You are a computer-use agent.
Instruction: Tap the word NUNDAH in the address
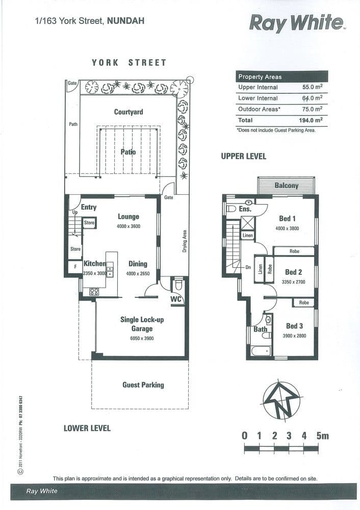tap(125, 21)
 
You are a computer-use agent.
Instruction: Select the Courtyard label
tap(128, 112)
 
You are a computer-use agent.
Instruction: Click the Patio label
tap(128, 151)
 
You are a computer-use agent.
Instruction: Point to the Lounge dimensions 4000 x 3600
tap(128, 226)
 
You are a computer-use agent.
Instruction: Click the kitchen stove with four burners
tap(94, 291)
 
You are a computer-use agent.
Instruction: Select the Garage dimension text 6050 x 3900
tap(142, 338)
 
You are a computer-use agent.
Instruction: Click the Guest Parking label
tap(143, 385)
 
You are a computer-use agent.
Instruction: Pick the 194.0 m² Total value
tap(311, 120)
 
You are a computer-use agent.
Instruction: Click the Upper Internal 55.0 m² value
tap(312, 87)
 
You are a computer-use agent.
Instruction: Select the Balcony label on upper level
tap(287, 186)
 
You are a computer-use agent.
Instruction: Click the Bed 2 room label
tap(293, 272)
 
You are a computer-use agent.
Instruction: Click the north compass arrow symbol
tap(282, 400)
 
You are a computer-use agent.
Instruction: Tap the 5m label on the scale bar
tap(323, 436)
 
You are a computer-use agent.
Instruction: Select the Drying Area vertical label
tap(185, 241)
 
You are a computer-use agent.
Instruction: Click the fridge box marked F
tap(75, 267)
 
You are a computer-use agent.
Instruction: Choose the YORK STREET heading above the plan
tap(129, 62)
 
